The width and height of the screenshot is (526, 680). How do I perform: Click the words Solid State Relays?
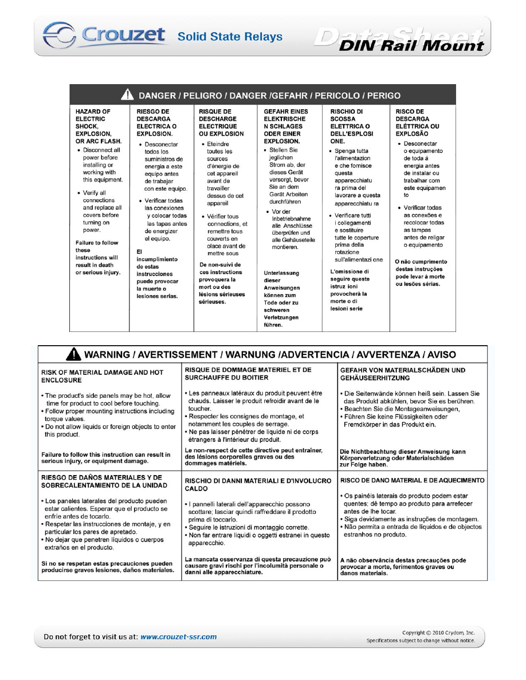(x=230, y=37)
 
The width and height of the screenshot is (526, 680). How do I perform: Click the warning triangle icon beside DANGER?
(x=129, y=96)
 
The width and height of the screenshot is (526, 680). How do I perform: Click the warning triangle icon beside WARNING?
(x=73, y=355)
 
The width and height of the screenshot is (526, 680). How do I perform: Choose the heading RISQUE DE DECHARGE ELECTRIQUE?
(x=221, y=122)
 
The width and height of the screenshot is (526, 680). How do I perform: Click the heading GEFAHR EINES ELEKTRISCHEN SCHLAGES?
(x=286, y=126)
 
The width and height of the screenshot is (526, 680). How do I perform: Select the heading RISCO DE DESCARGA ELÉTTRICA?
(x=418, y=122)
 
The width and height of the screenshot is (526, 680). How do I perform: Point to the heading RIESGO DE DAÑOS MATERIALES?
(x=103, y=481)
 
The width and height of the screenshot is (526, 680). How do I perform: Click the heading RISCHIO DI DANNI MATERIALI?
(x=258, y=485)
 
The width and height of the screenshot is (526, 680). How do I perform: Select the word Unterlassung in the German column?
(x=281, y=273)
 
